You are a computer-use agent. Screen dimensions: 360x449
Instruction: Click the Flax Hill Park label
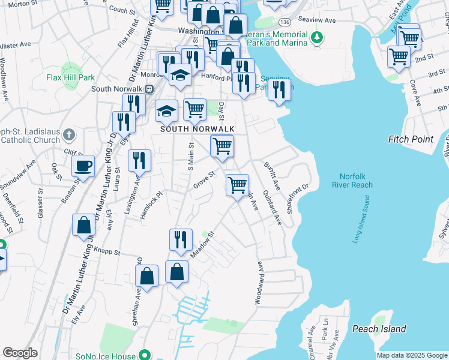coord(71,77)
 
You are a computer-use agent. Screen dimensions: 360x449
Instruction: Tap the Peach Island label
coord(379,329)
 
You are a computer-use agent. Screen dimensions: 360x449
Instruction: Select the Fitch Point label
coord(411,139)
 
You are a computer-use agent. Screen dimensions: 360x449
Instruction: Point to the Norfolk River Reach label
coord(356,181)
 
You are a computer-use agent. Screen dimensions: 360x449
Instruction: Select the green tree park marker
coord(318,38)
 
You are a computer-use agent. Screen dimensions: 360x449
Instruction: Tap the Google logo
coord(20,353)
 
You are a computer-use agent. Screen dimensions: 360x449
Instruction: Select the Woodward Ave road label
coord(259,282)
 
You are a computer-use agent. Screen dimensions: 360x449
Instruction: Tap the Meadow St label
coord(202,247)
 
